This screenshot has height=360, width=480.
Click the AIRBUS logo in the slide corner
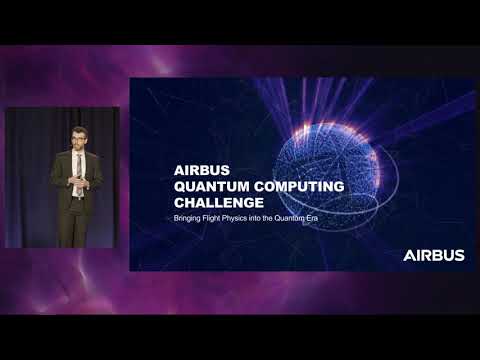click(433, 255)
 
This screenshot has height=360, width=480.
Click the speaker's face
click(78, 139)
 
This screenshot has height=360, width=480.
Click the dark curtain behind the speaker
click(30, 180)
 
